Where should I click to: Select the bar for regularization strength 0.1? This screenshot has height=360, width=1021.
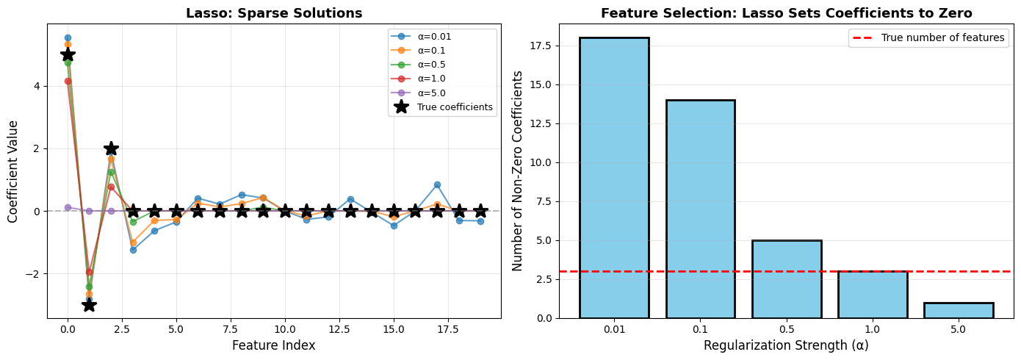coord(700,209)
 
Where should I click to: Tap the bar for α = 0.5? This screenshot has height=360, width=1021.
coord(787,279)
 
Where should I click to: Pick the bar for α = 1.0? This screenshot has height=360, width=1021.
coord(873,295)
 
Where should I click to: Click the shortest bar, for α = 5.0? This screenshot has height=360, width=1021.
coord(959,310)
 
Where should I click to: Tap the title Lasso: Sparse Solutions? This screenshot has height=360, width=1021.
coord(274,13)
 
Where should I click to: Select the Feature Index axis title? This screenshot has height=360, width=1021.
coord(274,345)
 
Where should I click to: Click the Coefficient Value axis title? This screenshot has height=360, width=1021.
coord(13,171)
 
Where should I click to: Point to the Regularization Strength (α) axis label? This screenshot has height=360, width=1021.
coord(786,345)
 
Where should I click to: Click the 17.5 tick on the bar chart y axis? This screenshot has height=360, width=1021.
coord(543,46)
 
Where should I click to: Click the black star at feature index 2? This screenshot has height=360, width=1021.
coord(111,148)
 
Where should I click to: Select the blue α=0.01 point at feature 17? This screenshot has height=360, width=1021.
coord(437,184)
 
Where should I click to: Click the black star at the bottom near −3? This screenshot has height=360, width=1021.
coord(89,304)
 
